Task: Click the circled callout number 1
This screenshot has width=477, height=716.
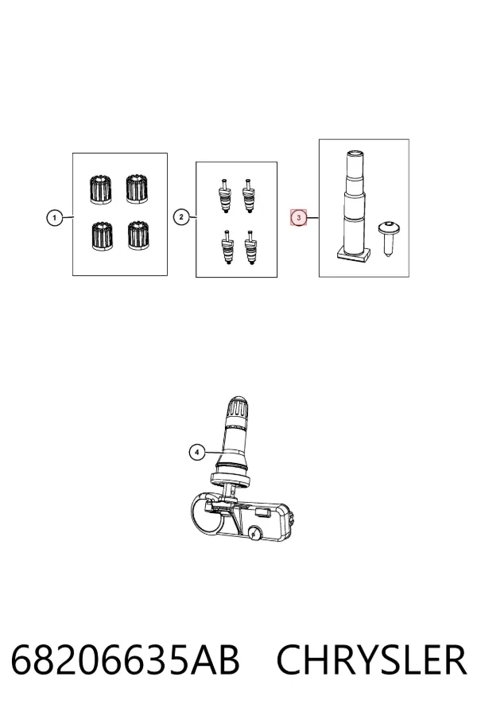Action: click(55, 218)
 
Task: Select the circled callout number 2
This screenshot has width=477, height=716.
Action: click(181, 217)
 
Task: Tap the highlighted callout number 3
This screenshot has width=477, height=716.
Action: click(299, 218)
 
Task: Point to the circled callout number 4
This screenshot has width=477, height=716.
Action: click(196, 453)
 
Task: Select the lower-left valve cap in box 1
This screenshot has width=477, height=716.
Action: click(103, 236)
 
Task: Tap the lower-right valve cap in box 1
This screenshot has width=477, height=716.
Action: click(139, 235)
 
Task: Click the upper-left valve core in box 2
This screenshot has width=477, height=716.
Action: click(224, 196)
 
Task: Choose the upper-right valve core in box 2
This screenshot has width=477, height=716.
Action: click(249, 195)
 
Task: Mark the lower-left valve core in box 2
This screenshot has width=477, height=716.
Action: click(227, 248)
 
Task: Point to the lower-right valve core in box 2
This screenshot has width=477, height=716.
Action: click(250, 247)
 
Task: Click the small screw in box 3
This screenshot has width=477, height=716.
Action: click(387, 239)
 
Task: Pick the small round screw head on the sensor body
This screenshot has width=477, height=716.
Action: click(254, 532)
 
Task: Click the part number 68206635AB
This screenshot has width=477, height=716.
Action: click(125, 660)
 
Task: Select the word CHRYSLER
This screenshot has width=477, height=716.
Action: click(371, 660)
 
